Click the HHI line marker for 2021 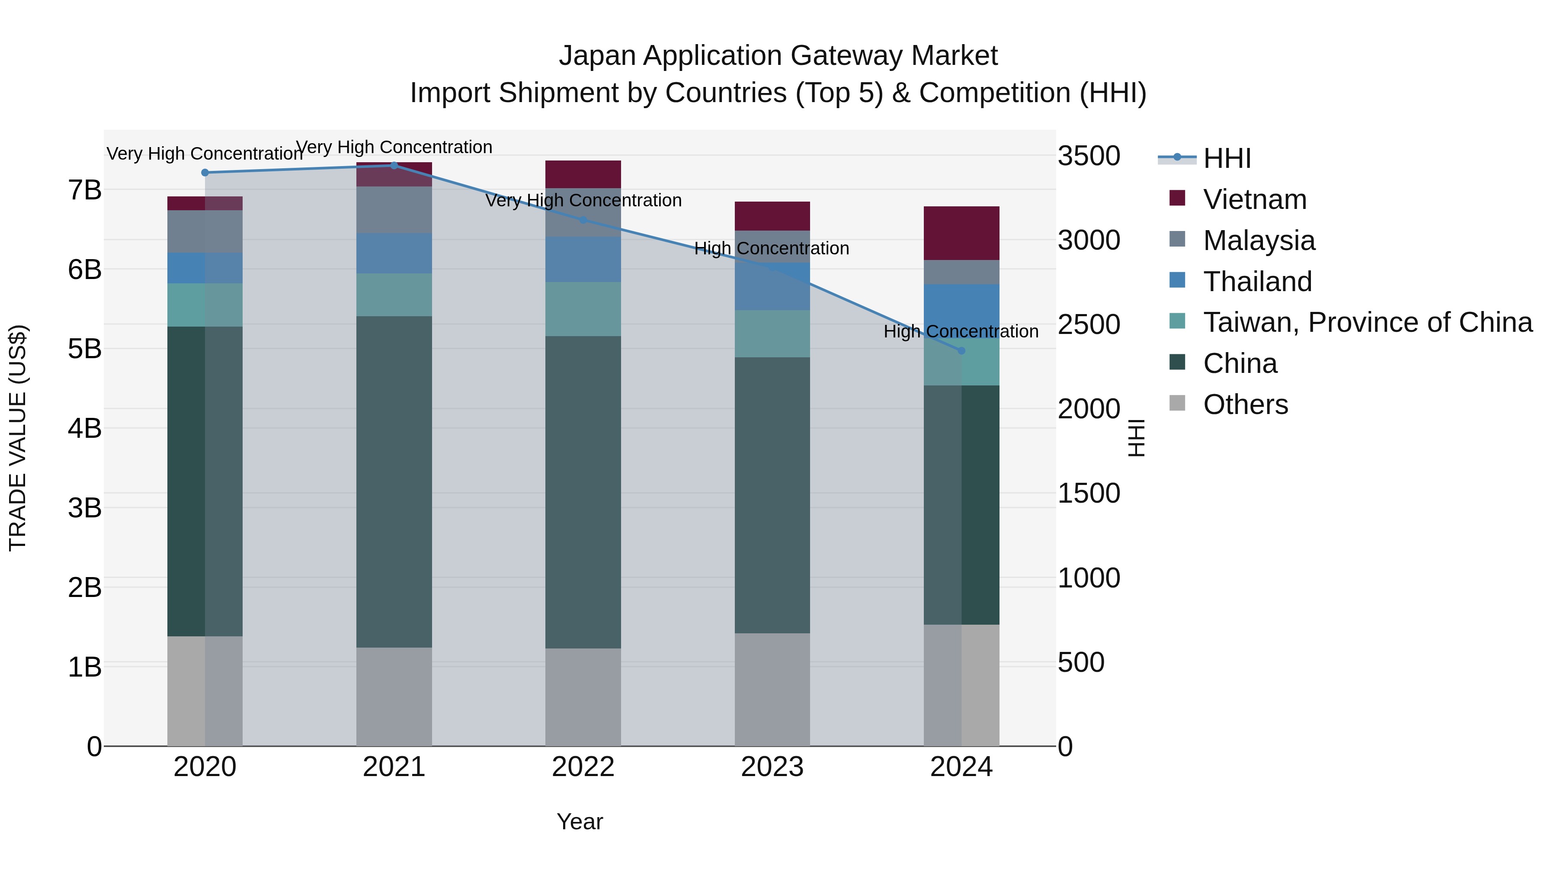pos(394,165)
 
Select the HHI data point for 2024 pos(961,351)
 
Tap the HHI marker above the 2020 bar pos(205,172)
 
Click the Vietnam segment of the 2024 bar pos(961,233)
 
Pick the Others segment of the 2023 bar pos(772,689)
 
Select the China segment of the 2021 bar pos(394,482)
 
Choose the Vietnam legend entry pos(1254,199)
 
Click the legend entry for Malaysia pos(1259,241)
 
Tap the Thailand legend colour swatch pos(1177,280)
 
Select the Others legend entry pos(1245,404)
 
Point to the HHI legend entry pos(1227,158)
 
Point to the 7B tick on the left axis pos(85,190)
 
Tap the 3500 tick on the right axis pos(1089,156)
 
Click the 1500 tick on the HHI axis pos(1089,493)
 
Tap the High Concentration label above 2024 pos(961,331)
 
